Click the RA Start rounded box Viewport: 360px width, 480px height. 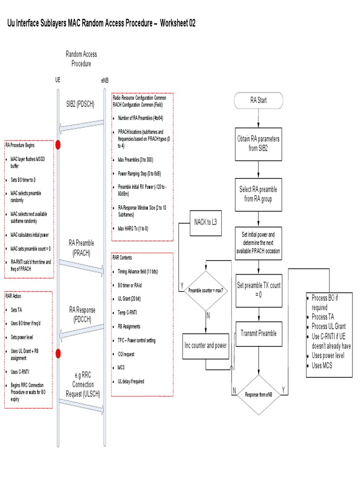click(259, 101)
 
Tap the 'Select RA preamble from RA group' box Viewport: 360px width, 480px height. click(259, 194)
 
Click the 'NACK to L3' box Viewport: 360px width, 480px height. click(205, 221)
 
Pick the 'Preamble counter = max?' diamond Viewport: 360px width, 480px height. click(206, 291)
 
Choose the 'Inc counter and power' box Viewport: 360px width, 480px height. click(205, 345)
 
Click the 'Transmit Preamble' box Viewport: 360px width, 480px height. click(259, 333)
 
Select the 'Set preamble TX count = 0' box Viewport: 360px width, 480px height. click(259, 289)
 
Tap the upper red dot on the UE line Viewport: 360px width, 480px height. click(58, 144)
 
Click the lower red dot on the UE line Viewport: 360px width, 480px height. click(58, 352)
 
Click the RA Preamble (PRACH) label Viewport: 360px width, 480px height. click(81, 248)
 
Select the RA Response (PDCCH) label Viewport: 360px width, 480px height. click(82, 314)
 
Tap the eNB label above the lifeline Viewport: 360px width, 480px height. click(104, 81)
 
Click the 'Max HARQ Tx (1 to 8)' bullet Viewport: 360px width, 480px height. click(133, 228)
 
